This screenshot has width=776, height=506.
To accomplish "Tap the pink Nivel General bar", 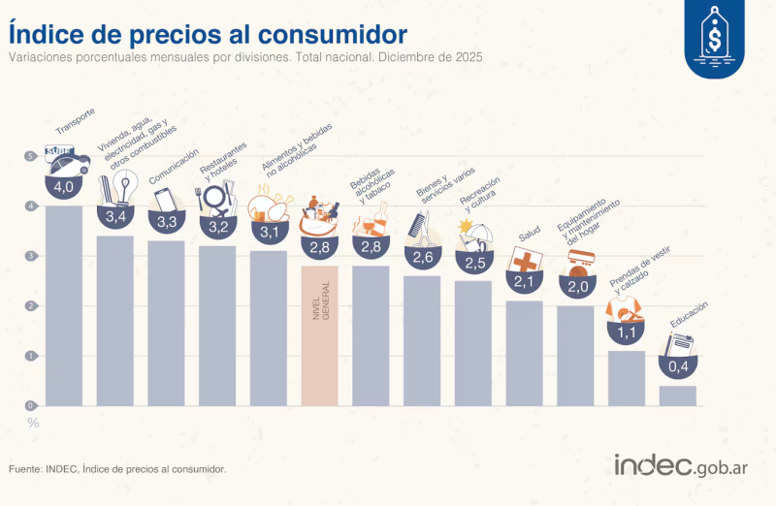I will point(320,334).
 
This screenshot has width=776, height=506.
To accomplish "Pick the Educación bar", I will point(677,395).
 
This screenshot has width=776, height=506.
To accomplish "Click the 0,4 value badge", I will point(677,367).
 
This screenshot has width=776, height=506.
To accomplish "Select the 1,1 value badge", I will point(626,332).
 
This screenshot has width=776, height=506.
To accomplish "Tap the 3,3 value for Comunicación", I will point(166,222).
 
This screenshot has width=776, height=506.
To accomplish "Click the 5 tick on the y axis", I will point(32,156).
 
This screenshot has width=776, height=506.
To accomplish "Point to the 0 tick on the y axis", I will point(32,405).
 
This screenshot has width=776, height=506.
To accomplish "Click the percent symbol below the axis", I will point(33,423).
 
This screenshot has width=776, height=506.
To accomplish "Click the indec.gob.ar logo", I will point(680,466).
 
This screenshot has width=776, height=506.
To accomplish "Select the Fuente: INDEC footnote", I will point(117,469).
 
